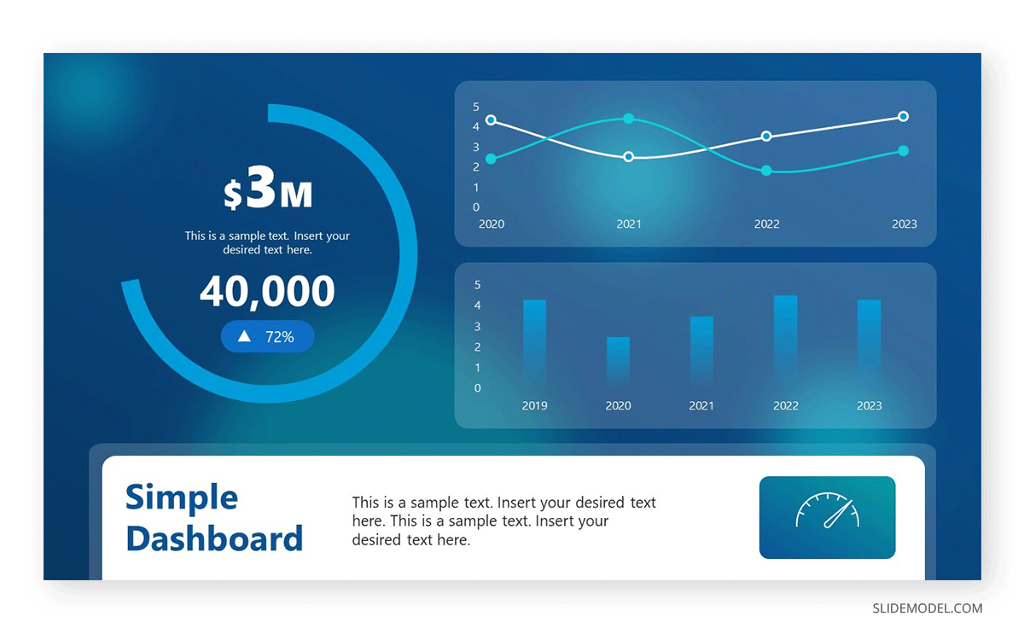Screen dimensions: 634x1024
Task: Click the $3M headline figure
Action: coord(268,193)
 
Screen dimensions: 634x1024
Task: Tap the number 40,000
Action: coord(267,292)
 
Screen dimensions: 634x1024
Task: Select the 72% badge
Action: coord(268,337)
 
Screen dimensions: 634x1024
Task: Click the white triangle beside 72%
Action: coord(244,337)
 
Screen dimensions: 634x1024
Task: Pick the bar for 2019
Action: coord(534,341)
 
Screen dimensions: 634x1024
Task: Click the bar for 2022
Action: coord(785,339)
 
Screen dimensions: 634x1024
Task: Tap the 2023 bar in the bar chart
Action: coord(869,341)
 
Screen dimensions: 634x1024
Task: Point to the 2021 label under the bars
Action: coord(701,406)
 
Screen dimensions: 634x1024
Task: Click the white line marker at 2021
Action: coord(629,157)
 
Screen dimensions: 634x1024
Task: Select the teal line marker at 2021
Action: coord(629,119)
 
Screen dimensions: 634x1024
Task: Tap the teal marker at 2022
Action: coord(766,171)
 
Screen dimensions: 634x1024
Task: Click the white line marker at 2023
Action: coord(904,116)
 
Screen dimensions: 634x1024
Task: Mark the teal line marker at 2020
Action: coord(491,159)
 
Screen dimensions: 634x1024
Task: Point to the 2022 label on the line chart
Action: coord(766,224)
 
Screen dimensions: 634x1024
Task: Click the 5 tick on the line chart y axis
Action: coord(476,107)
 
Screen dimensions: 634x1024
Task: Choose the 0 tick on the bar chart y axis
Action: coord(478,388)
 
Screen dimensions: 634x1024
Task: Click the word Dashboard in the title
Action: coord(214,538)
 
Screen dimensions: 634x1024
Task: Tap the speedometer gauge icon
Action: coord(827,512)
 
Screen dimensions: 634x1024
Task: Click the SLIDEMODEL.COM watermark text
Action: coord(927,608)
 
